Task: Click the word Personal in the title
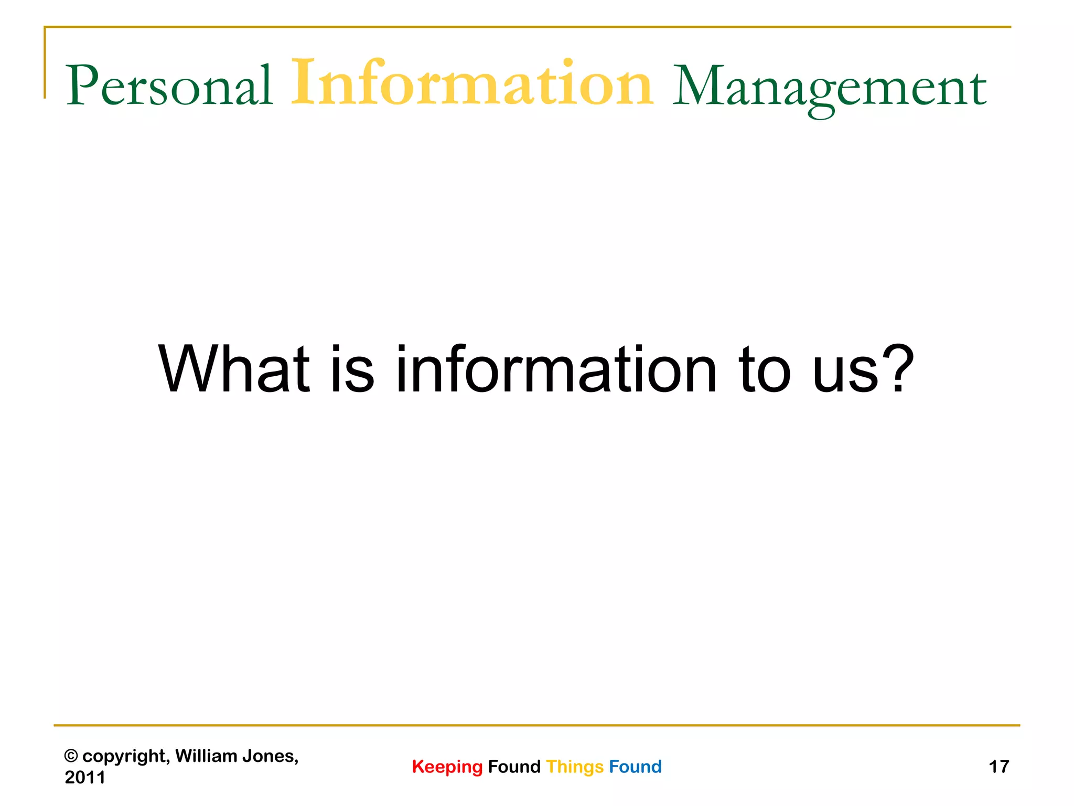169,86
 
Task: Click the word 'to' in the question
764,370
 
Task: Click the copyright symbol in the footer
71,756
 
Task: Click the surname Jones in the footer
270,756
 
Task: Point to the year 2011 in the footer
85,777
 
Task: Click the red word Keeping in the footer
447,767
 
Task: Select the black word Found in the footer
514,767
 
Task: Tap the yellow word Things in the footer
575,767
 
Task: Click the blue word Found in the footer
635,767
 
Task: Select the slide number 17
998,767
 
